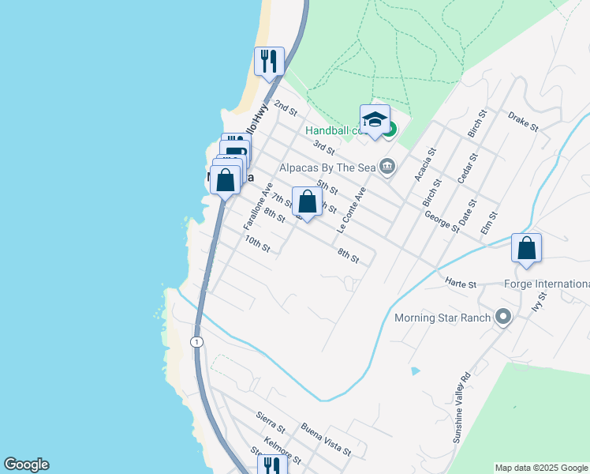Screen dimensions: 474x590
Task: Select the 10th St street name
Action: coord(257,244)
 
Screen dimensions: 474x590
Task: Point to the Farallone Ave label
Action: coord(257,206)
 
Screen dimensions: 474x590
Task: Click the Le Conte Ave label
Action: coord(352,209)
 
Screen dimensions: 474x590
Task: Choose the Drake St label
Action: coord(523,121)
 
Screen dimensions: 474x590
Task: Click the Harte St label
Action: coord(461,283)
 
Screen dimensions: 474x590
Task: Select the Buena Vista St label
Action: coord(326,438)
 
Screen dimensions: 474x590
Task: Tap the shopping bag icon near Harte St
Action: coord(526,247)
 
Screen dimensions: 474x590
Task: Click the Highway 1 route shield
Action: coord(196,341)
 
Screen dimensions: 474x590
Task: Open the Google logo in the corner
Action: coord(26,465)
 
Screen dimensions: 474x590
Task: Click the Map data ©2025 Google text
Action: coord(541,468)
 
